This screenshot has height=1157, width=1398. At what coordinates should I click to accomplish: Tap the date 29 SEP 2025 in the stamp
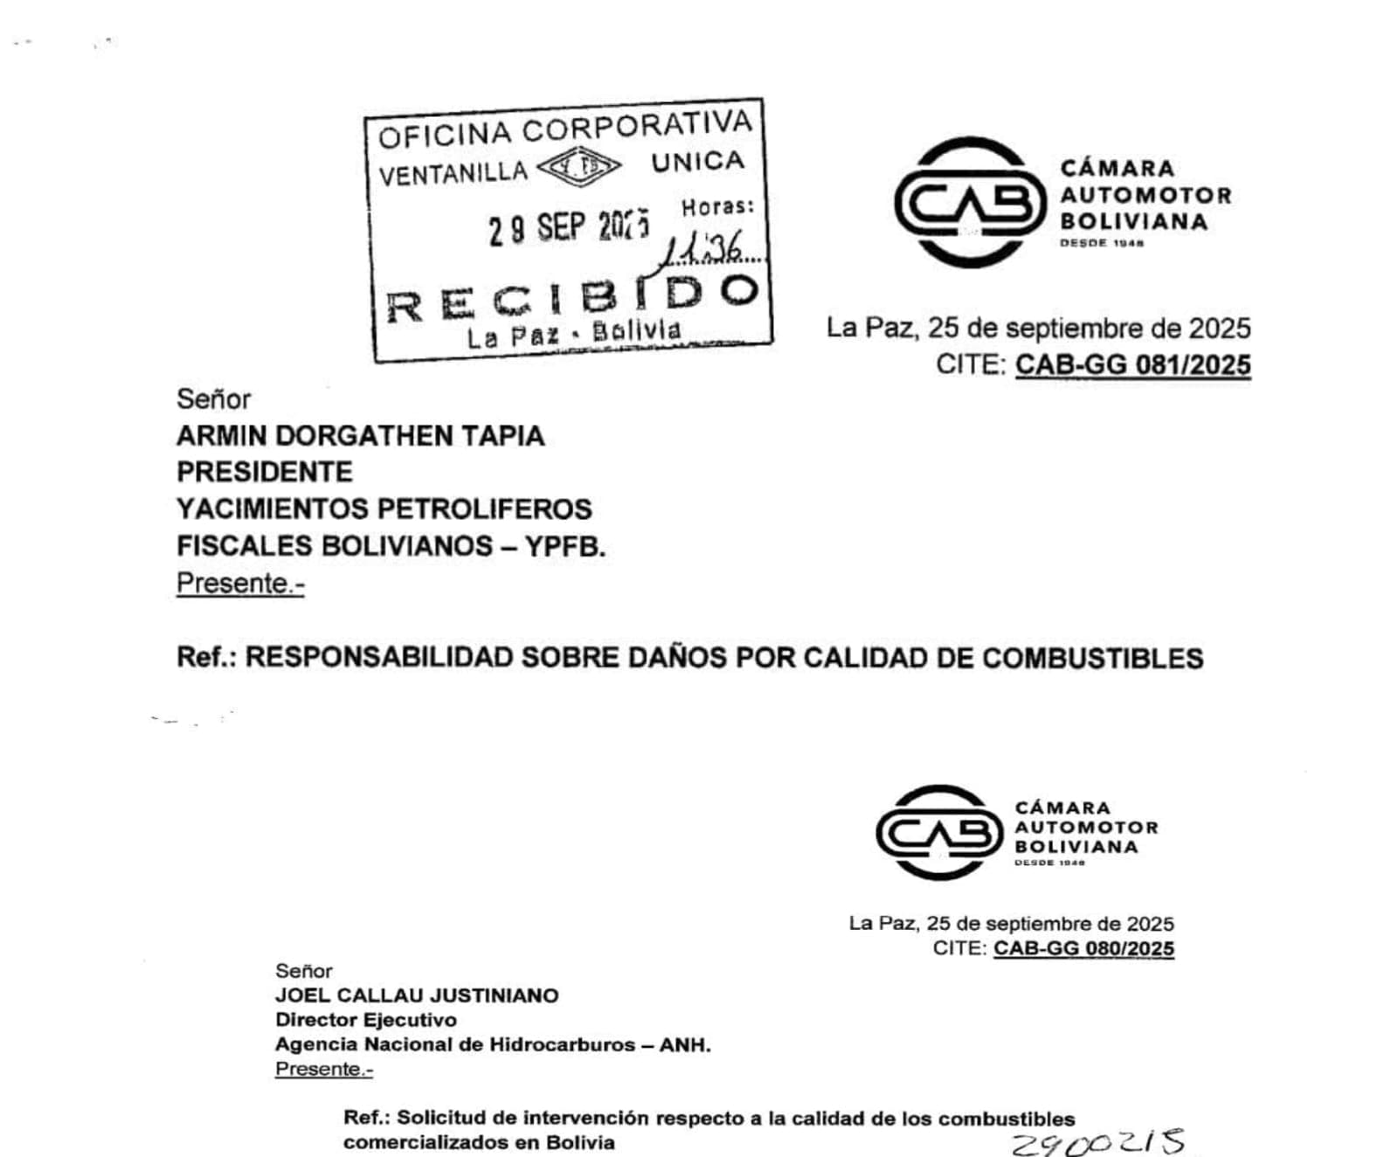point(569,227)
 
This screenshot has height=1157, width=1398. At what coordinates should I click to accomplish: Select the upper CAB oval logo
point(970,203)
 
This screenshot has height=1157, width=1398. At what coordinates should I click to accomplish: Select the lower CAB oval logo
point(940,832)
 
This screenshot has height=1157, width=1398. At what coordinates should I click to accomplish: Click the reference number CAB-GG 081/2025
point(1132,364)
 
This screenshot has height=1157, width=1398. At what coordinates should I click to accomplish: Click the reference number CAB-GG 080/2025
point(1083,948)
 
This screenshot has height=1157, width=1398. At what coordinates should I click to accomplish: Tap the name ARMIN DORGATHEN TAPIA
point(360,435)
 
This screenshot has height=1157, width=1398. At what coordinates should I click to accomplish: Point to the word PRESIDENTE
point(265,472)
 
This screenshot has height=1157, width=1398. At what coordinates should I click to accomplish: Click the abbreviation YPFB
point(564,546)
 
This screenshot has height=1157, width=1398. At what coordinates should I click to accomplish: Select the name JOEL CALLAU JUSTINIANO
point(417,995)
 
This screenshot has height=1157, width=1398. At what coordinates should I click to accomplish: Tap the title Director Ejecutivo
point(365,1020)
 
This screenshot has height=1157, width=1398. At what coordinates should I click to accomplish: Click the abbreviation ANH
point(685,1044)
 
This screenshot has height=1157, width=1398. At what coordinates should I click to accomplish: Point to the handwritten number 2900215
point(1097,1142)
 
